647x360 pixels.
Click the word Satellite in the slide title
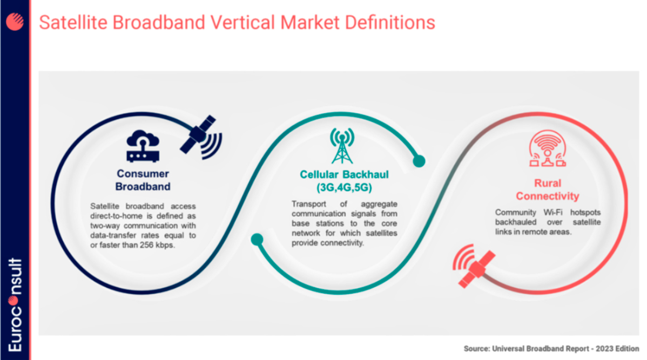(x=73, y=22)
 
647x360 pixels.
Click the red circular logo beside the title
(x=15, y=22)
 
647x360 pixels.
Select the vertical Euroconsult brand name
(x=15, y=304)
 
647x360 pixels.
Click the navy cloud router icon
(x=143, y=146)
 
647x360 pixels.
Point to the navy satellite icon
(x=201, y=137)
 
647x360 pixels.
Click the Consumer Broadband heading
(x=143, y=180)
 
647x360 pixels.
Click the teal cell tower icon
(x=342, y=146)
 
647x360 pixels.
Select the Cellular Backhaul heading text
(x=344, y=174)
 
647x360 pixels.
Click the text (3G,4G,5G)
(x=344, y=188)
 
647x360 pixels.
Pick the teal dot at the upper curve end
(x=419, y=161)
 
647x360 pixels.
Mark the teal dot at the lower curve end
(x=257, y=239)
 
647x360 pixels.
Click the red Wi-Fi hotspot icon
(x=548, y=148)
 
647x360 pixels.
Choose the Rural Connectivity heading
(x=548, y=189)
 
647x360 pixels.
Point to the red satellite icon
(x=475, y=267)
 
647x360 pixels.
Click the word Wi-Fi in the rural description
(x=553, y=212)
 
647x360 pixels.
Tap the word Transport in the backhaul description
(x=308, y=204)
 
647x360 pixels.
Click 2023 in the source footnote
(x=604, y=349)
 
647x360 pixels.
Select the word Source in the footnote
(x=476, y=349)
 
